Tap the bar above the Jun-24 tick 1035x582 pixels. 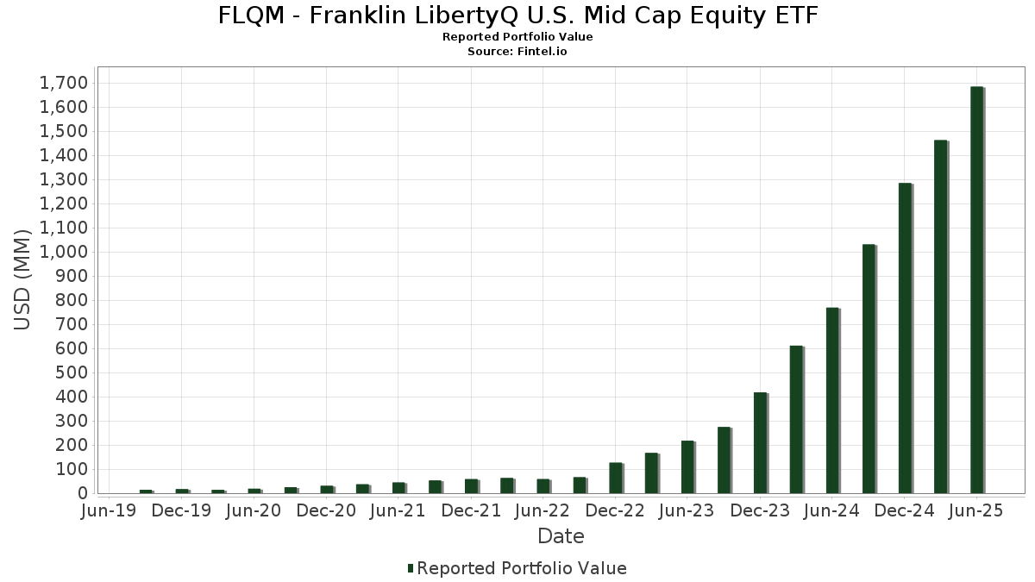[832, 400]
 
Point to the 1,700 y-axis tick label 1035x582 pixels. [63, 83]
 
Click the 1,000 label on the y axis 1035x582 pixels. [63, 252]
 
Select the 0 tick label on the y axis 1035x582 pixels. [83, 493]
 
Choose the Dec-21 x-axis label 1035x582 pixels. [471, 510]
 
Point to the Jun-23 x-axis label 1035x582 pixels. [687, 510]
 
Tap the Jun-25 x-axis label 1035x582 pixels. [976, 510]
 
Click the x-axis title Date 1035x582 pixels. [561, 536]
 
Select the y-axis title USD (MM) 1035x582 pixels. [23, 279]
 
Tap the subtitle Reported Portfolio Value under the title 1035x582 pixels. [517, 37]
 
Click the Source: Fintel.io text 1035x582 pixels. [517, 51]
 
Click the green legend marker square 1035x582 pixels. [411, 568]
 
